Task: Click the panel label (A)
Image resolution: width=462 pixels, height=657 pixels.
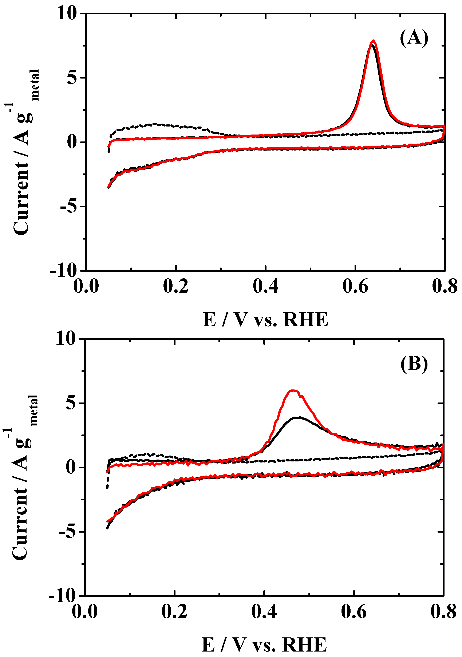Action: [x=414, y=38]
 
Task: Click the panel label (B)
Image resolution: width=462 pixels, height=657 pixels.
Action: [x=414, y=364]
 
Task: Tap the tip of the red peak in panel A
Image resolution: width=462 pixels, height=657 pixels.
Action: [x=373, y=41]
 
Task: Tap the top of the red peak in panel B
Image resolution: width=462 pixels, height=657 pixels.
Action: [x=293, y=390]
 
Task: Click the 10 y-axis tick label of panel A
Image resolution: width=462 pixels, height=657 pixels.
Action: [x=67, y=13]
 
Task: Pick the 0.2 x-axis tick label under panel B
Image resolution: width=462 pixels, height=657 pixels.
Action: [x=174, y=612]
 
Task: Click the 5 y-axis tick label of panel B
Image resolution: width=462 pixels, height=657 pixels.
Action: [x=71, y=403]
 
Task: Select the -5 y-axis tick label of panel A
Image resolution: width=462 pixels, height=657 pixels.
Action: [x=68, y=206]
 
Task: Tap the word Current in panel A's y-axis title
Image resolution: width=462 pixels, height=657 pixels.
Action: [x=21, y=197]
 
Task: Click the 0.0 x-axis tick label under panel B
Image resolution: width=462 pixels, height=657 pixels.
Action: [x=85, y=612]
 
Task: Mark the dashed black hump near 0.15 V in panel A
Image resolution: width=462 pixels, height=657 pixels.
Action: [x=155, y=124]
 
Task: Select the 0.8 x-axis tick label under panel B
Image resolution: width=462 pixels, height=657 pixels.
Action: [x=443, y=612]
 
